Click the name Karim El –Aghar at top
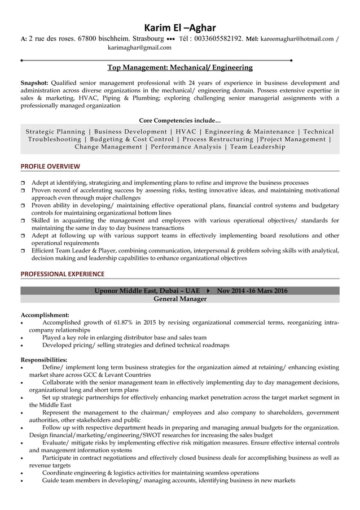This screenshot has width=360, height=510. pos(179,27)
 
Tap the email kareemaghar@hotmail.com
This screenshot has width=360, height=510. pos(297,39)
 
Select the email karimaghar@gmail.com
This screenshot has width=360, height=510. pos(139,48)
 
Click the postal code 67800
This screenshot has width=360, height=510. pos(89,39)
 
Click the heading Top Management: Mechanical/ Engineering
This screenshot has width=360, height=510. pos(179,68)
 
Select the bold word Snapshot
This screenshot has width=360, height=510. pos(34,82)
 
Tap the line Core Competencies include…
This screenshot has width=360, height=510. pos(179,120)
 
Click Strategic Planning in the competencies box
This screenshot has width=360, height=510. pos(55,132)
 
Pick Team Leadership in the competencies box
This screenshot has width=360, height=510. pos(258,147)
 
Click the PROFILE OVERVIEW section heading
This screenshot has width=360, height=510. pos(50,166)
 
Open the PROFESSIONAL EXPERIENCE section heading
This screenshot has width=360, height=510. pos(62,274)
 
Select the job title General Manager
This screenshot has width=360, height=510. pos(179,299)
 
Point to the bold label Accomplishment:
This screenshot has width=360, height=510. pos(45,315)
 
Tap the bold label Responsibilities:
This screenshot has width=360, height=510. pos(44,360)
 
